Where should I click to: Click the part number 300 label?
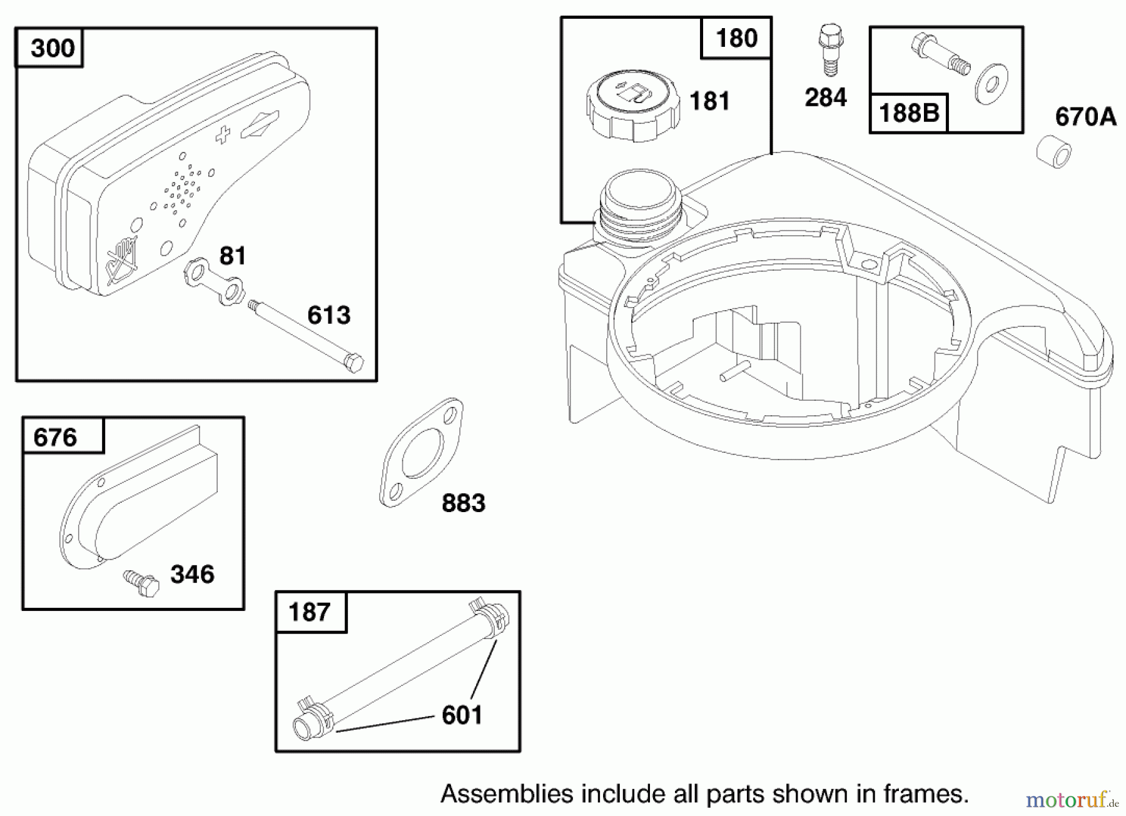click(53, 48)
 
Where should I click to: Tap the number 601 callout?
click(462, 715)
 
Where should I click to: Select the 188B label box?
click(909, 113)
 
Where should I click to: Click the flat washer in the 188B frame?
click(990, 83)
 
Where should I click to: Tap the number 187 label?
click(310, 611)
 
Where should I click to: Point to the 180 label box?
click(736, 38)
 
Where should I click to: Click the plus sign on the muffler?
click(223, 135)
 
